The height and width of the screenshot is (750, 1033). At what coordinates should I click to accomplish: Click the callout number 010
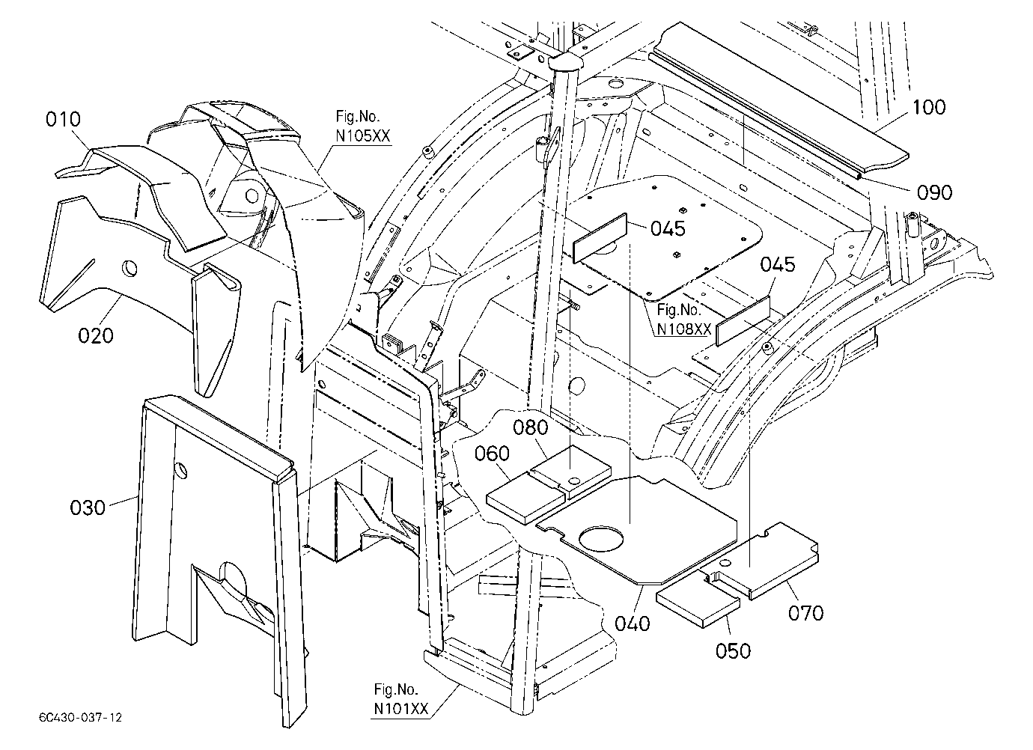tap(63, 120)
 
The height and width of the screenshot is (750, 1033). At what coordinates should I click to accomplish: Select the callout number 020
tap(96, 336)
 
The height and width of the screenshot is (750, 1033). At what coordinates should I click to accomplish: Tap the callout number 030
tap(88, 507)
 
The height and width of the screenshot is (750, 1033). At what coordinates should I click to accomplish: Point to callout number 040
tap(633, 624)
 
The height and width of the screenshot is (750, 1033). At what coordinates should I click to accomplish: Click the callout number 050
tap(734, 651)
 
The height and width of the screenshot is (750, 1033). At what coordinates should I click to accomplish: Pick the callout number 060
tap(492, 454)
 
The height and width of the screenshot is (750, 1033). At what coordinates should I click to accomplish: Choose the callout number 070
tap(805, 613)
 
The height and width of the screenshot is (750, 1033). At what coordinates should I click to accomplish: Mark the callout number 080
tap(531, 427)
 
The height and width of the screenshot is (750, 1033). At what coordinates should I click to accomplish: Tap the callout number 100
tap(929, 107)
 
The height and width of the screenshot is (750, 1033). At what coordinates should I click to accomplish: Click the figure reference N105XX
tap(362, 136)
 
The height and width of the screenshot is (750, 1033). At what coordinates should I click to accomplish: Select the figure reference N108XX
tap(684, 329)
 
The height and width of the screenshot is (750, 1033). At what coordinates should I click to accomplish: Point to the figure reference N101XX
tap(400, 709)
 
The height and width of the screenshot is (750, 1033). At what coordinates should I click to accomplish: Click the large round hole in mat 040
tap(601, 538)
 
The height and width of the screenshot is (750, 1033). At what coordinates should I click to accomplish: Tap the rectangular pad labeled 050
tap(698, 607)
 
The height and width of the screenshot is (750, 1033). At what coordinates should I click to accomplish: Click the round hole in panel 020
tap(129, 269)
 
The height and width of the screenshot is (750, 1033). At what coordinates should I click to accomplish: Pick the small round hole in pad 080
tap(574, 481)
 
